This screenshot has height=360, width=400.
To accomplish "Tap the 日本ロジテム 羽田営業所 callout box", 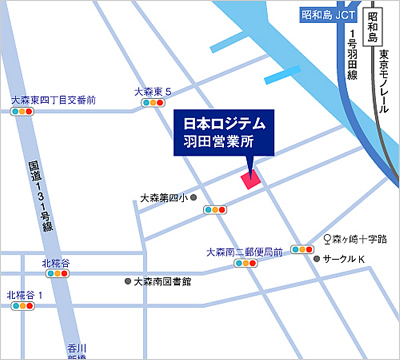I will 224,133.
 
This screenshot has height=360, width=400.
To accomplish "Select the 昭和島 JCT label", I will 328,15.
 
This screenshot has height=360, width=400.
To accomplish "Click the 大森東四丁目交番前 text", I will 52,100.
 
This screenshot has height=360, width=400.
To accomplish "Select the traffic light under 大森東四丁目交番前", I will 23,113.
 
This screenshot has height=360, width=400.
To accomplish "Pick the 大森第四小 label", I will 164,198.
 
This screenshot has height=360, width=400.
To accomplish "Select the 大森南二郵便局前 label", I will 244,253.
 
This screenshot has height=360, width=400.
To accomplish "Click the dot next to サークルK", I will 318,258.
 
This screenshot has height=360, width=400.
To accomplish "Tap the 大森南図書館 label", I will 163,282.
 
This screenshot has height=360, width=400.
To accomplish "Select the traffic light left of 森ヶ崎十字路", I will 301,249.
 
